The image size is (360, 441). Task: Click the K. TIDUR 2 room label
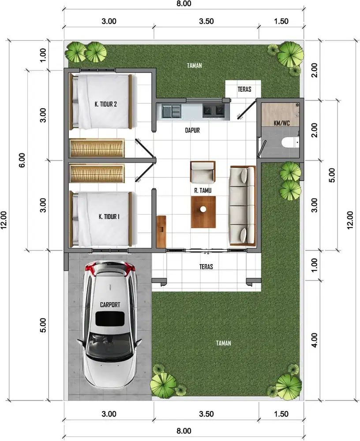(x=105, y=105)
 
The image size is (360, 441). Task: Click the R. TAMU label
(x=202, y=191)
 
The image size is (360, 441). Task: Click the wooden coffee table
(x=203, y=212)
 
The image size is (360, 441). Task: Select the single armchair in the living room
(x=203, y=172)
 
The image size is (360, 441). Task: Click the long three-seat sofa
(x=242, y=205)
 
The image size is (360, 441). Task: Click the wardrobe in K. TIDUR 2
(x=97, y=147)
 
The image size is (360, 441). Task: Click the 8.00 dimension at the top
(x=184, y=4)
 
